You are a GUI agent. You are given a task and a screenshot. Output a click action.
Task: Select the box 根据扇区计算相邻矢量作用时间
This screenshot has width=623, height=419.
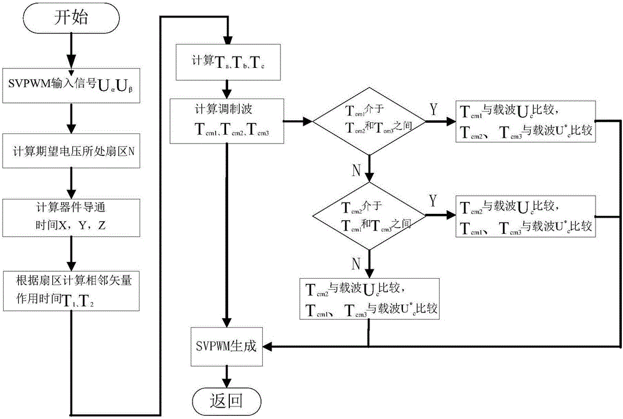tap(72, 287)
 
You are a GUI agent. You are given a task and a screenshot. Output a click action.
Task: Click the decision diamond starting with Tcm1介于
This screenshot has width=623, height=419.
tap(369, 121)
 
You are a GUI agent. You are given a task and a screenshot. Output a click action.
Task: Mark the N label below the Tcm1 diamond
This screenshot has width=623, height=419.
tap(356, 169)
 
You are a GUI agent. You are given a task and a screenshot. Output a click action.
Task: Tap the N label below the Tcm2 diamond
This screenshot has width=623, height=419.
tap(356, 264)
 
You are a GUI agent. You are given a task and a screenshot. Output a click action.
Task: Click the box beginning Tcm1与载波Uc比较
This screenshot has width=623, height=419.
tap(525, 120)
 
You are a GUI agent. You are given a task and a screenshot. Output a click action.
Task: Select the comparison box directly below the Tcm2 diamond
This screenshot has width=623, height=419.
tap(369, 299)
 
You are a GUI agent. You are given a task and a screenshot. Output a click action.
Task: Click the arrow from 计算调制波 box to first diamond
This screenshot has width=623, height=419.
tap(297, 121)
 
